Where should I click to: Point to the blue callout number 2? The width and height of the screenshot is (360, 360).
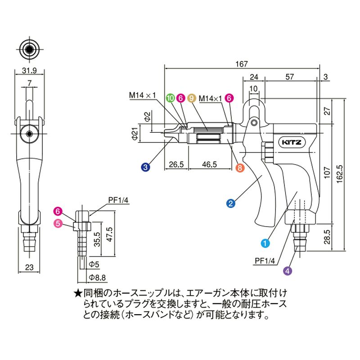(x=230, y=203)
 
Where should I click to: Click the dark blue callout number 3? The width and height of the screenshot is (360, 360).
(x=145, y=167)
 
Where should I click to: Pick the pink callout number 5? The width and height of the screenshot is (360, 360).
(x=58, y=224)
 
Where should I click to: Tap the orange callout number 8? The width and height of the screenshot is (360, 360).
(x=240, y=167)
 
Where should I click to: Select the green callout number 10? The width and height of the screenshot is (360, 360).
(x=170, y=97)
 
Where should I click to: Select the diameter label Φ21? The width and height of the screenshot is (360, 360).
(x=133, y=134)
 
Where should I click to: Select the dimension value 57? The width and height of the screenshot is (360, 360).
(x=291, y=77)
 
